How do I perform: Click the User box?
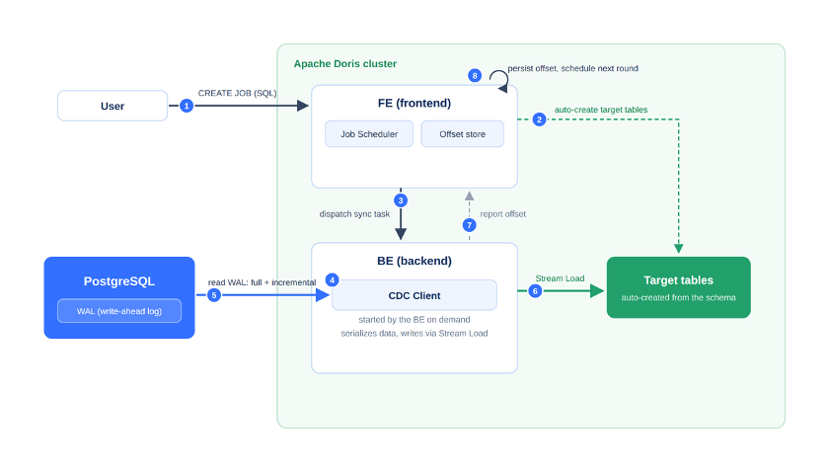[x=113, y=106]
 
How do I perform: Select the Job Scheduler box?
[x=369, y=134]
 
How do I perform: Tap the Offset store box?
[x=463, y=134]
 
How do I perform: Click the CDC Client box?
[x=414, y=295]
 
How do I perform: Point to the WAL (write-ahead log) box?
[x=119, y=311]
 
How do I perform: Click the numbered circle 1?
[x=187, y=106]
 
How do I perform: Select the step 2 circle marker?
[x=539, y=119]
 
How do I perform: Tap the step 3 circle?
[x=401, y=200]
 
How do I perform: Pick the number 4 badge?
[x=332, y=279]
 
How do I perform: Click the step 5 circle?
[x=214, y=295]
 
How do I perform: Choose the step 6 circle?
[x=535, y=291]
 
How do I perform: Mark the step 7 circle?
[x=469, y=225]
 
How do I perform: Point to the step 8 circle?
[x=475, y=76]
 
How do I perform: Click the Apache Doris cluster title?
[x=345, y=64]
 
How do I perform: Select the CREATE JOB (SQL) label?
[x=238, y=93]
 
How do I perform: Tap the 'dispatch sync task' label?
[x=354, y=213]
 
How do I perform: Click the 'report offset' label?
[x=502, y=213]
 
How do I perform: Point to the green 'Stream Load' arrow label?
[x=560, y=278]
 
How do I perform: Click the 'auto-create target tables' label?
[x=601, y=110]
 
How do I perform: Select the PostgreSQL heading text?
[x=119, y=281]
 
